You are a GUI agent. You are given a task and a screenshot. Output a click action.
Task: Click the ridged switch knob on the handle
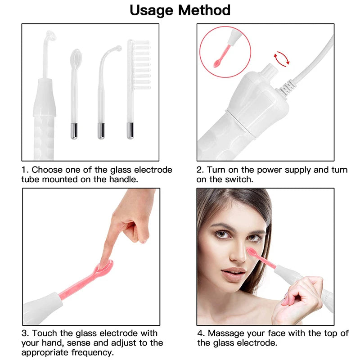pyautogui.click(x=270, y=72)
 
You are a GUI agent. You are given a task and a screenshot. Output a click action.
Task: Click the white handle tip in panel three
pyautogui.click(x=43, y=306)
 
